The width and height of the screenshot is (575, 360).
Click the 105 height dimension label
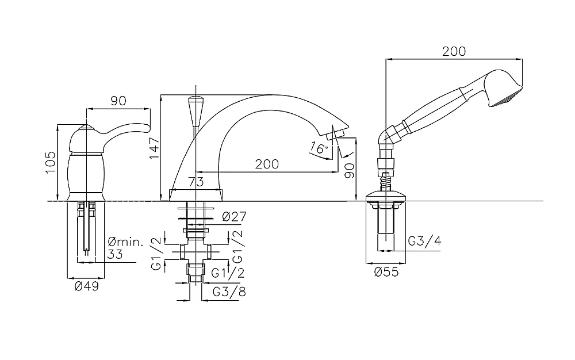click(x=50, y=162)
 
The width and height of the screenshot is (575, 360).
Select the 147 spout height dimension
click(x=154, y=148)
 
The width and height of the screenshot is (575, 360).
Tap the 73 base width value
click(x=196, y=182)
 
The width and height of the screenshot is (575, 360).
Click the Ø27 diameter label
click(x=234, y=217)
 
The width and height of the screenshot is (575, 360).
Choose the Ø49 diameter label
click(x=87, y=286)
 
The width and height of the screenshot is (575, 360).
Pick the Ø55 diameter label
click(x=386, y=272)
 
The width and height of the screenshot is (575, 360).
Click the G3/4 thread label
click(x=425, y=241)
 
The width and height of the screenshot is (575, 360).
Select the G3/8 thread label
click(x=229, y=292)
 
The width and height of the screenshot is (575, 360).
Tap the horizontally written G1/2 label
click(x=228, y=273)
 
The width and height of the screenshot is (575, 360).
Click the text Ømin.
click(x=126, y=242)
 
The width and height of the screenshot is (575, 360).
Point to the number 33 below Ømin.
click(x=115, y=254)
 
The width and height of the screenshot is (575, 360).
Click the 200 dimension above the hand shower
click(x=454, y=51)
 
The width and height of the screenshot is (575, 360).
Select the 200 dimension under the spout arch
click(x=267, y=164)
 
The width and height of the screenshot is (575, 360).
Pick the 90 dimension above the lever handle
click(x=118, y=101)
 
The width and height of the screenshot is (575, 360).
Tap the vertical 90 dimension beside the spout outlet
click(x=350, y=170)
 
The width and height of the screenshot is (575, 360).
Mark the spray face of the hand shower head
click(x=507, y=98)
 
